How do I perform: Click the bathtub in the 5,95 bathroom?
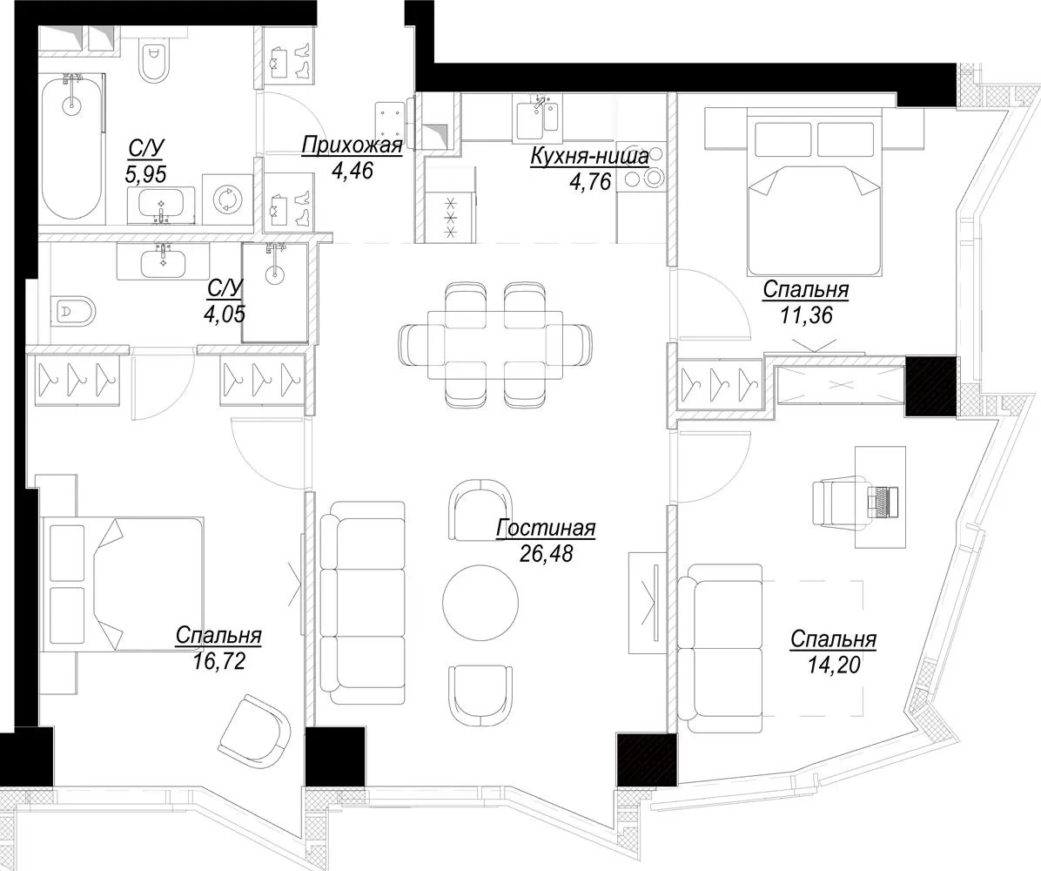click(71, 147)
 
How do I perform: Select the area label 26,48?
click(546, 553)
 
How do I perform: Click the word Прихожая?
click(352, 145)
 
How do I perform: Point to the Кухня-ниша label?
click(589, 158)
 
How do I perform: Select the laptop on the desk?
click(883, 501)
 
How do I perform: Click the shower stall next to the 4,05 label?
click(276, 293)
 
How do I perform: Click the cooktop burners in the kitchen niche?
click(641, 166)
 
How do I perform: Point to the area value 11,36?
click(806, 314)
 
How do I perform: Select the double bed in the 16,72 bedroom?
click(124, 585)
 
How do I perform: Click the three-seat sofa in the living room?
click(362, 602)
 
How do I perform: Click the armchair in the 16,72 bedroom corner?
click(255, 730)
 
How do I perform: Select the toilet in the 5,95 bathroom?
click(154, 60)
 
